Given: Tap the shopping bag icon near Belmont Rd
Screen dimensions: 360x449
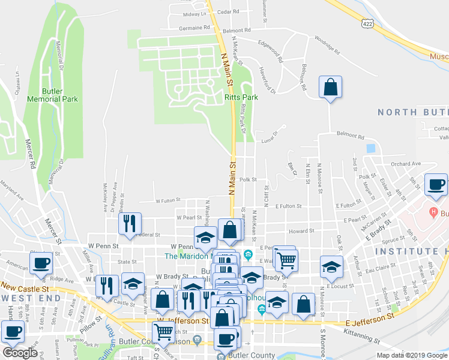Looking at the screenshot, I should coord(330,87).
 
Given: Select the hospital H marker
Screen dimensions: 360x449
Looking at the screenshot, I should coord(432,212).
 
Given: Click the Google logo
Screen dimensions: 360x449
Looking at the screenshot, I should coord(20,353).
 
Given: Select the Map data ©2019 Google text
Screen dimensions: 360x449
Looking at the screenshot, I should coord(412,355).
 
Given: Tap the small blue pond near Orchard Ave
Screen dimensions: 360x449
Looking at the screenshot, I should coord(370,148).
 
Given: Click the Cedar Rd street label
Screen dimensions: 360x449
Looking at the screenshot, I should coord(228,11).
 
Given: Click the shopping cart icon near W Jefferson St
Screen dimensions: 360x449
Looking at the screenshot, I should coord(163,332).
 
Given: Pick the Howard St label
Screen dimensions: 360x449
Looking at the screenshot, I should coord(301,231).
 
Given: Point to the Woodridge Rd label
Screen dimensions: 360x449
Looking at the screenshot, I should coord(324,43).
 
